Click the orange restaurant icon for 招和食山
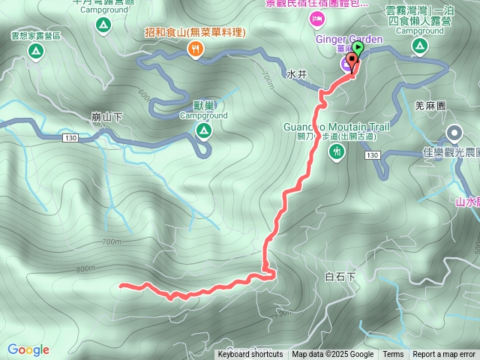[195, 49]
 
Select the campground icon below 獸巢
[203, 131]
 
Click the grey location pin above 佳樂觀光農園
[454, 133]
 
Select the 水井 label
[297, 75]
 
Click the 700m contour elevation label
[111, 241]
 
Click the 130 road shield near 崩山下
[70, 137]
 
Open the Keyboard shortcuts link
[250, 355]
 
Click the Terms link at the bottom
[393, 355]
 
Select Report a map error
[444, 355]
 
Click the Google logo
[28, 349]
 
